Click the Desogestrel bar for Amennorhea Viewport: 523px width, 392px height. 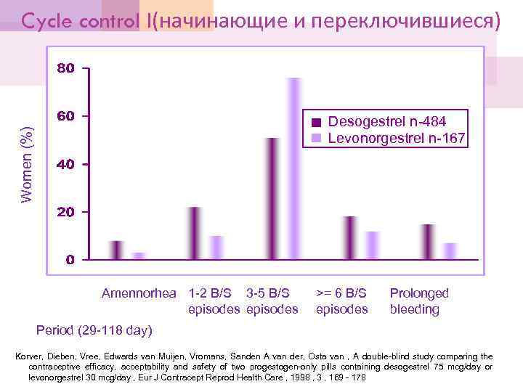click(117, 250)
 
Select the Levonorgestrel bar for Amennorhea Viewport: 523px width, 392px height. click(139, 256)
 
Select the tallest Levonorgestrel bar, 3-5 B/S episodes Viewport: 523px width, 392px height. click(294, 168)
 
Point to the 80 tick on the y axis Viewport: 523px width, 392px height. click(66, 69)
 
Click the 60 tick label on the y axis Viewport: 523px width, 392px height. click(66, 117)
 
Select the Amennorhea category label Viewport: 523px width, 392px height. click(139, 293)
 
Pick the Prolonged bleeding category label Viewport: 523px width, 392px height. click(419, 301)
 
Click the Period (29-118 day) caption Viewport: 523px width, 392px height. click(94, 330)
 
